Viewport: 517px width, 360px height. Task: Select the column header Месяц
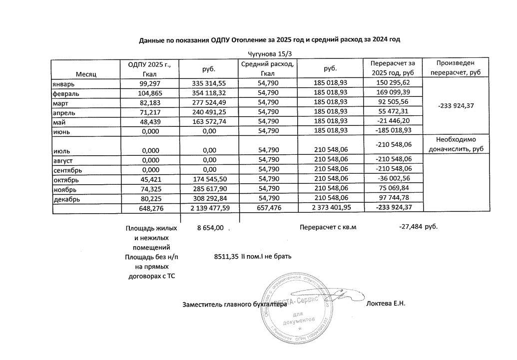[x=86, y=74]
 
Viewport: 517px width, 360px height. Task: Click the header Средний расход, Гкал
[x=268, y=69]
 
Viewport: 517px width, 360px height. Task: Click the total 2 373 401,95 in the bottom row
[x=328, y=207]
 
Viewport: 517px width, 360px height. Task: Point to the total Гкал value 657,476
[x=268, y=207]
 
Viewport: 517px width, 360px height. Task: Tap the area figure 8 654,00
[x=211, y=228]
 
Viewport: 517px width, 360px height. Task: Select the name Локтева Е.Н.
[x=386, y=304]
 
